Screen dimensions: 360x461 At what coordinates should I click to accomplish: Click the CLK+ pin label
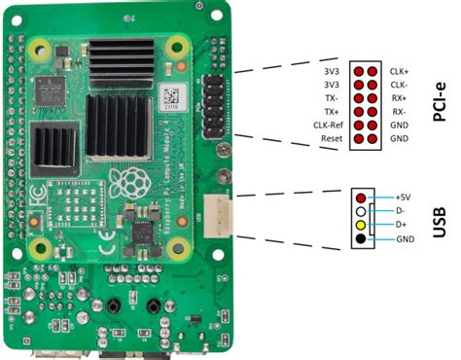point(399,71)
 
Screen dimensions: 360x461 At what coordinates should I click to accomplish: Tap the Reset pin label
point(332,139)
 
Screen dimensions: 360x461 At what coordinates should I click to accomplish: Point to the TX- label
point(334,98)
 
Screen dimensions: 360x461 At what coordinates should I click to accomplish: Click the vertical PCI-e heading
point(440,102)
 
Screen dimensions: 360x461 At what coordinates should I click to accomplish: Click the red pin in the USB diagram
point(361,198)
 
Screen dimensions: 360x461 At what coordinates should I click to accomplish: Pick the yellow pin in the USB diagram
point(361,225)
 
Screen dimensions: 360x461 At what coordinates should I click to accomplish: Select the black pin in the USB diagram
point(361,238)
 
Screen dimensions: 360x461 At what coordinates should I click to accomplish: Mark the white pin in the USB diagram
point(361,211)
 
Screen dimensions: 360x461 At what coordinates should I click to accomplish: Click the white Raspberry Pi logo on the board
point(127,181)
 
